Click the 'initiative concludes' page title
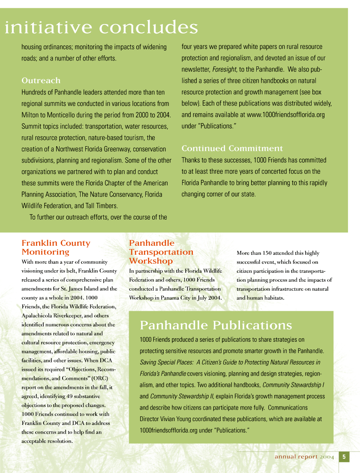point(101,27)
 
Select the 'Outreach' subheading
point(41,81)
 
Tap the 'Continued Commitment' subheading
point(232,149)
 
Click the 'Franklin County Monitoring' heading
point(56,247)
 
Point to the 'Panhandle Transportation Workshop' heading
point(161,252)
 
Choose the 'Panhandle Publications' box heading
point(216,325)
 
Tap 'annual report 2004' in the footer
point(304,457)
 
